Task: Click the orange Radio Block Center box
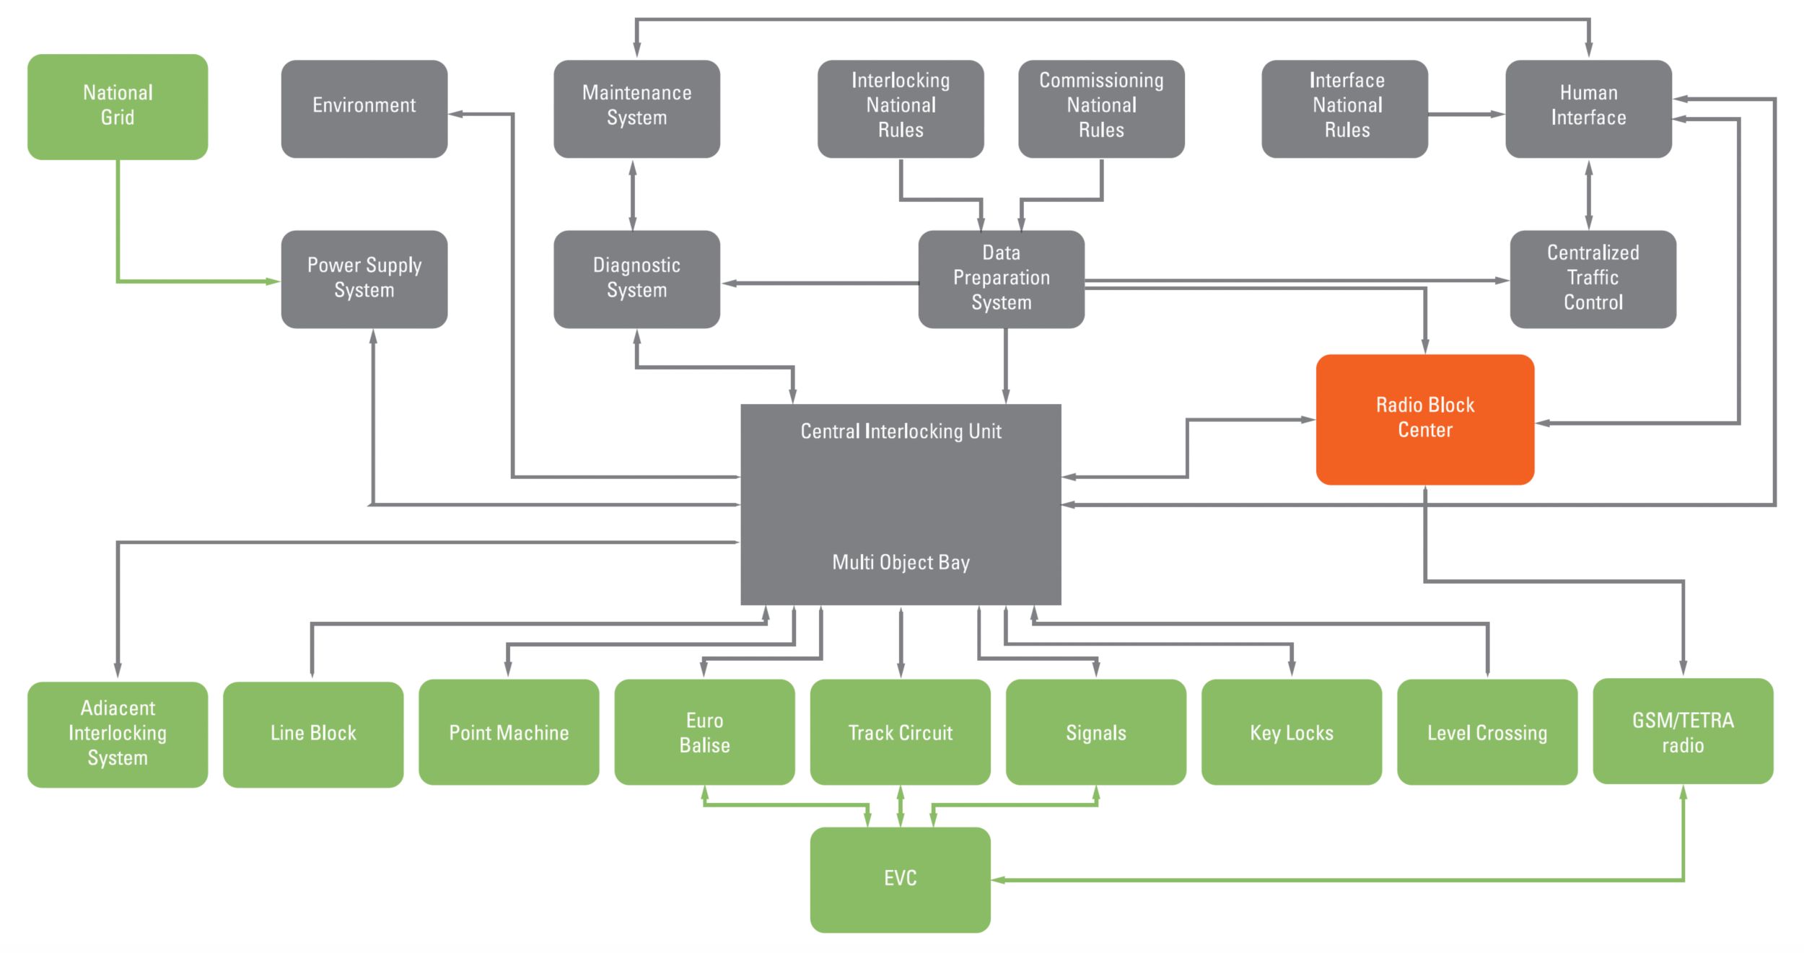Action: pyautogui.click(x=1424, y=418)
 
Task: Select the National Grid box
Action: pyautogui.click(x=118, y=106)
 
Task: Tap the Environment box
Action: pyautogui.click(x=364, y=108)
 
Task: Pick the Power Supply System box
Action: pyautogui.click(x=364, y=278)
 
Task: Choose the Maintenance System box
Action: pyautogui.click(x=636, y=108)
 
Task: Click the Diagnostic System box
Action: pyautogui.click(x=636, y=278)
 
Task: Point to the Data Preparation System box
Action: pyautogui.click(x=1001, y=278)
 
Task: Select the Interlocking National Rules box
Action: pyautogui.click(x=900, y=108)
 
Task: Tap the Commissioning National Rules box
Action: pyautogui.click(x=1101, y=108)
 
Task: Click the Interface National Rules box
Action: pyautogui.click(x=1344, y=108)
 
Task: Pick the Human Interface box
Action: pyautogui.click(x=1588, y=108)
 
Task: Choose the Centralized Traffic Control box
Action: pyautogui.click(x=1593, y=278)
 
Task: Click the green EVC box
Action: pyautogui.click(x=900, y=879)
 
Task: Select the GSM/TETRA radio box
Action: pyautogui.click(x=1683, y=731)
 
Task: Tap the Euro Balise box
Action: pyautogui.click(x=704, y=732)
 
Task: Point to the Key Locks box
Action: pyautogui.click(x=1291, y=732)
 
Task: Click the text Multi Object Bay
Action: pyautogui.click(x=901, y=562)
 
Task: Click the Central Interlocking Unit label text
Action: pyautogui.click(x=901, y=431)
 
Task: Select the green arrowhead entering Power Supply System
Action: pyautogui.click(x=273, y=281)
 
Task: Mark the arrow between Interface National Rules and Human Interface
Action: pyautogui.click(x=1466, y=114)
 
